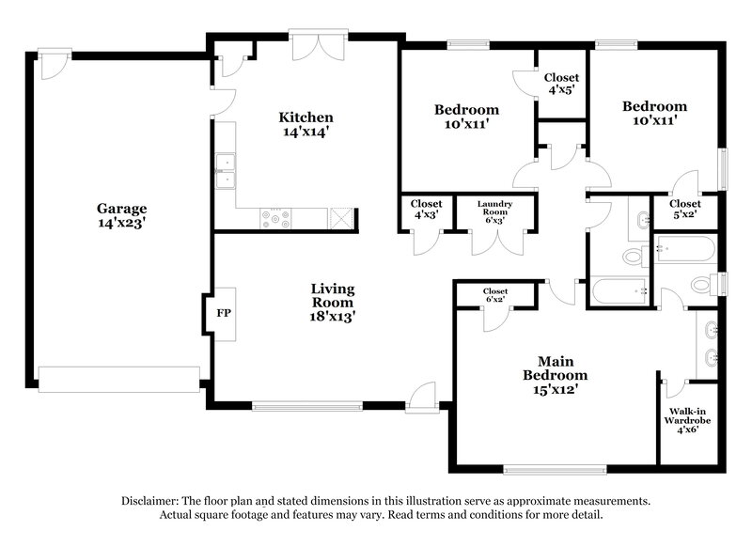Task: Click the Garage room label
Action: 121,208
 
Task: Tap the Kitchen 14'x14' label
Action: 305,124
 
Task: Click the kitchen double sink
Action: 226,171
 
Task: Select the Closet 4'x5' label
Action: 562,84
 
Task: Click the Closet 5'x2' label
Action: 684,210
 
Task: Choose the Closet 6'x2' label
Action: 495,296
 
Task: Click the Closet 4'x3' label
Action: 426,209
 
